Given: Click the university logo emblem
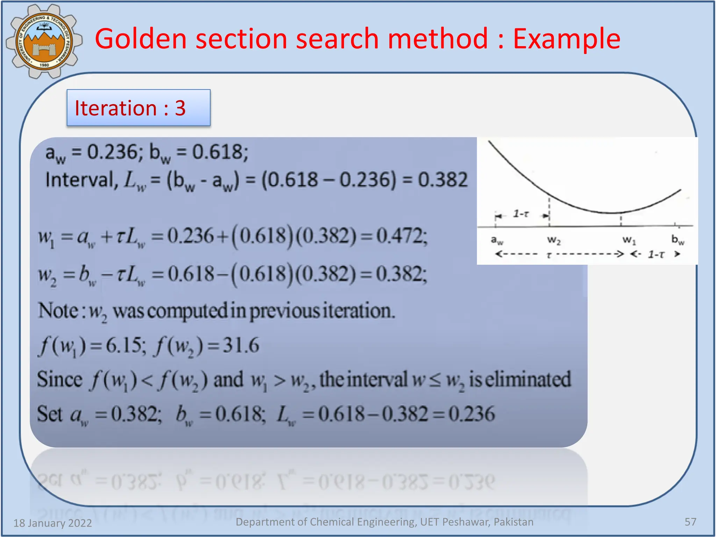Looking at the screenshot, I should [44, 41].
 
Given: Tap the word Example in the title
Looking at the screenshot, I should [566, 39].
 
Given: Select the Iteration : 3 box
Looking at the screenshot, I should [138, 108].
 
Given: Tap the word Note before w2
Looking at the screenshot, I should [58, 310].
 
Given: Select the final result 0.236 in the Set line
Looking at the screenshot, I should [472, 414].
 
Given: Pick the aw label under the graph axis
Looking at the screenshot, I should [497, 240].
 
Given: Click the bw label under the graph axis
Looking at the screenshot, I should [678, 240].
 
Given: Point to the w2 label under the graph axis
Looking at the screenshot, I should [554, 240].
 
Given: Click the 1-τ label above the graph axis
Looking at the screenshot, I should [521, 214].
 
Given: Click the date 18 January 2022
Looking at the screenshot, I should [52, 523].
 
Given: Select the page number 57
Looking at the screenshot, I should [690, 522].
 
